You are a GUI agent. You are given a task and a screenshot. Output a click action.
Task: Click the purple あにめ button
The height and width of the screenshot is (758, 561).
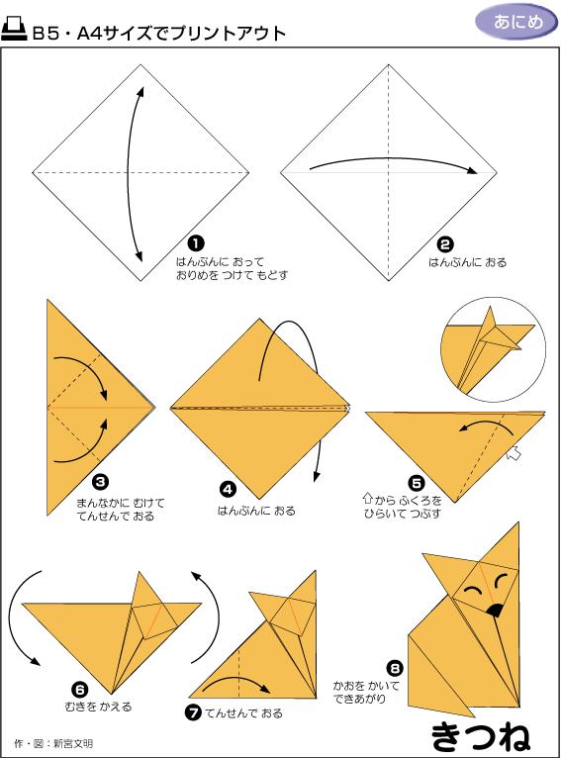click(x=511, y=22)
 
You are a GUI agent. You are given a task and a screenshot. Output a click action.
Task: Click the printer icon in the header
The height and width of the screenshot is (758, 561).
click(x=15, y=32)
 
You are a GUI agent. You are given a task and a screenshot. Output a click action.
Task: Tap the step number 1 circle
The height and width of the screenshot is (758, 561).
click(x=195, y=242)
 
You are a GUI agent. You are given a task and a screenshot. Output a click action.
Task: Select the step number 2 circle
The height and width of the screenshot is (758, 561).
click(x=445, y=242)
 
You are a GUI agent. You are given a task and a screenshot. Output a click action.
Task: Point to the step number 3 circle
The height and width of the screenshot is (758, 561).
click(x=100, y=482)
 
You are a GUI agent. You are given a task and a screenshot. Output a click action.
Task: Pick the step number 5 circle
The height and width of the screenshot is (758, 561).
click(x=417, y=483)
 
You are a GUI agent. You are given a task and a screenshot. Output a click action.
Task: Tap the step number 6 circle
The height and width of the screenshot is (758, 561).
click(x=80, y=689)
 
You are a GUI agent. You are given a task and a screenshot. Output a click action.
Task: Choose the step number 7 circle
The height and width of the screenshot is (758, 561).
click(x=195, y=711)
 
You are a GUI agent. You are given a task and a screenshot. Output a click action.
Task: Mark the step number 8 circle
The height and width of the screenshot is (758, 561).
click(x=395, y=668)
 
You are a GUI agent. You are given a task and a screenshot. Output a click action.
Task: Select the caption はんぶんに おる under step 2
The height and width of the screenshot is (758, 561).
click(x=467, y=262)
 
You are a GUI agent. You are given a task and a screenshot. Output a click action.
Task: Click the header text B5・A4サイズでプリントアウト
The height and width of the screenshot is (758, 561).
click(x=159, y=33)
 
